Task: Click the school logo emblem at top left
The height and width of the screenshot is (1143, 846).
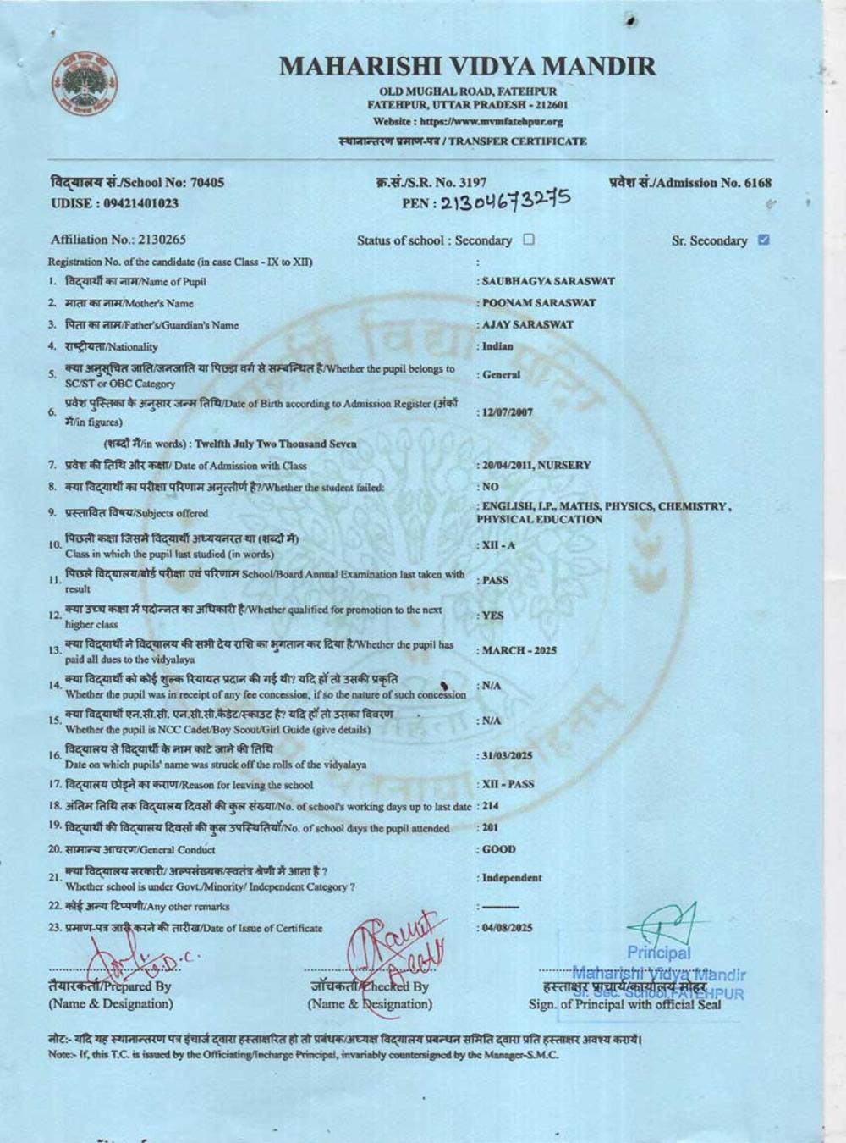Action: [x=85, y=86]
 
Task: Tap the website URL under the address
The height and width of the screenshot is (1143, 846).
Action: [x=468, y=121]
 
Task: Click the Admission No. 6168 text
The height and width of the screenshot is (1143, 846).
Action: [x=689, y=182]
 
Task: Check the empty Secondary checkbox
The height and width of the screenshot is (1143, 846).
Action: [x=529, y=240]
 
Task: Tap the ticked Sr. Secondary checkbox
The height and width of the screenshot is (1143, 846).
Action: [x=764, y=240]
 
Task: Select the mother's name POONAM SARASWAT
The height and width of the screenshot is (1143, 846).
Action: [x=539, y=302]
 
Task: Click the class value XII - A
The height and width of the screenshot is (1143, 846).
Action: [x=498, y=545]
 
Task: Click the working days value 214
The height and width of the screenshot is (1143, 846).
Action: [x=491, y=806]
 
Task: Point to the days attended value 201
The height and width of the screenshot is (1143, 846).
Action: [x=491, y=828]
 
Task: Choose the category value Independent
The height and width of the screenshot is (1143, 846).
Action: [x=512, y=878]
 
